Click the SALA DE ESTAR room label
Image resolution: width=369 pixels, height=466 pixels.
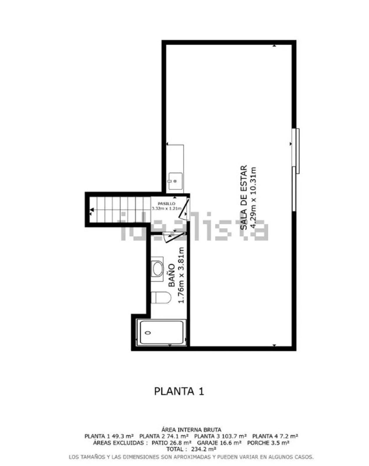[x=244, y=197]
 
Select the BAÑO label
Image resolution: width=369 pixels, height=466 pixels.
[x=172, y=276]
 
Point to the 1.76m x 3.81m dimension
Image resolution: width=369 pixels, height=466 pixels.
[x=181, y=275]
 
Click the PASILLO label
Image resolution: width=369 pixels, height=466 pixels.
[x=166, y=204]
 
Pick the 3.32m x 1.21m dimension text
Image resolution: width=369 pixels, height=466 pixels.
[x=167, y=209]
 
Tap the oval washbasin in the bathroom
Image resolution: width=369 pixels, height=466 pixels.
[x=157, y=269]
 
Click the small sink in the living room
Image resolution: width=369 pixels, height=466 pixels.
[x=176, y=181]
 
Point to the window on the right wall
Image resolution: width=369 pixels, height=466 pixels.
[x=295, y=170]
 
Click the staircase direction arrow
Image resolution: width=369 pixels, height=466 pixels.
[x=92, y=210]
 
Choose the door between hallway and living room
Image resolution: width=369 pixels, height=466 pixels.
[x=184, y=209]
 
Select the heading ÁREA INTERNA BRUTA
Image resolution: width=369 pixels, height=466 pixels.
[x=191, y=430]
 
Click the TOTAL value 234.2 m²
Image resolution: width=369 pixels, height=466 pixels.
[x=203, y=449]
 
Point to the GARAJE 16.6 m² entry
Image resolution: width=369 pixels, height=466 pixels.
[x=219, y=443]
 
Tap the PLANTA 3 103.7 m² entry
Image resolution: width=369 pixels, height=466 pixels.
[x=221, y=436]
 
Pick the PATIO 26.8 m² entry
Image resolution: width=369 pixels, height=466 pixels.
[x=172, y=443]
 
